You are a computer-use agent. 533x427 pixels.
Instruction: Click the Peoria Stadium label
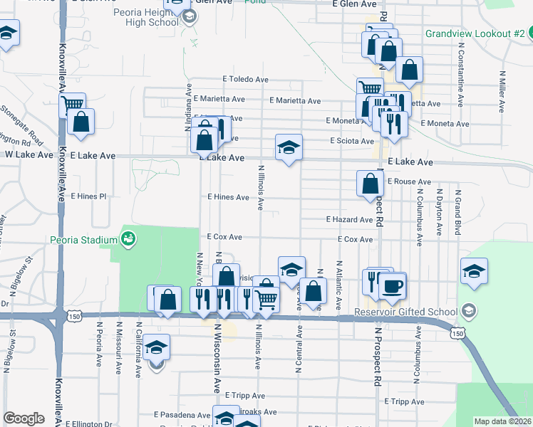[x=83, y=240]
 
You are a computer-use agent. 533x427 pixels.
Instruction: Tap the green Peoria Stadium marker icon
[x=128, y=239]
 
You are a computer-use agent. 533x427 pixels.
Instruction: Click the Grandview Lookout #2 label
[x=474, y=33]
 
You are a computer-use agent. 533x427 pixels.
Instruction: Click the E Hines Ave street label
[x=228, y=196]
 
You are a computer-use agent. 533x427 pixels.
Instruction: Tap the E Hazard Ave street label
[x=349, y=220]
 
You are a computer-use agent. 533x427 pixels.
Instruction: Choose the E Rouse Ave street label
[x=409, y=181]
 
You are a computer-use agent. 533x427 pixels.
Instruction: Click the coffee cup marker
[x=392, y=286]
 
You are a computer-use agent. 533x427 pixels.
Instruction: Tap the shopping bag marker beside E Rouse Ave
[x=370, y=184]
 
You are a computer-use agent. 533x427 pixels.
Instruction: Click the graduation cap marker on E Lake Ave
[x=289, y=147]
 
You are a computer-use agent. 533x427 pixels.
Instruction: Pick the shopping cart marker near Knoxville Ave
[x=72, y=105]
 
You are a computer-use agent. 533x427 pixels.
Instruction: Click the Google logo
[x=24, y=418]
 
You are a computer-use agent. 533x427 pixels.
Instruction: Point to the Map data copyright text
[x=502, y=421]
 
